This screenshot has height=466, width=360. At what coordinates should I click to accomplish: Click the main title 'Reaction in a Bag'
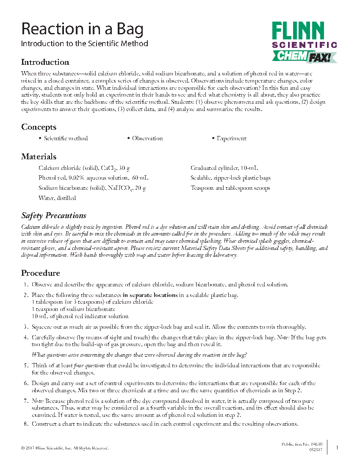coord(83,29)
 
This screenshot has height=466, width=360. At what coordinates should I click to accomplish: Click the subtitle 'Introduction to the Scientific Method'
coord(85,43)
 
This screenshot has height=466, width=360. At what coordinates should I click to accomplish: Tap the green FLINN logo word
coord(298,31)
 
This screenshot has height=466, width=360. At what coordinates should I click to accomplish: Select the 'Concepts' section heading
coord(39,127)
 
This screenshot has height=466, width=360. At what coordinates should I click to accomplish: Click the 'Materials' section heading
coord(39,157)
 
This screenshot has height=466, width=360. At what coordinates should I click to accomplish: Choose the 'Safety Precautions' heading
coord(54,216)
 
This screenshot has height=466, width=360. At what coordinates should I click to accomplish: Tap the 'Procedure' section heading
coord(41,273)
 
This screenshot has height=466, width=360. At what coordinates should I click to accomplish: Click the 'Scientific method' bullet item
coord(66,139)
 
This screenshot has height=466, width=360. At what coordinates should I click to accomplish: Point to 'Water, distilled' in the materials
coord(57,198)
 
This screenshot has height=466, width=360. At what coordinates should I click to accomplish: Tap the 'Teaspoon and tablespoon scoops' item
coord(230,188)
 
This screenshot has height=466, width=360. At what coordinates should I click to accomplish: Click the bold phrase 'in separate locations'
coord(150,295)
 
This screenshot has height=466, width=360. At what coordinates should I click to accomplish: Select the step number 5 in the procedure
coord(26,365)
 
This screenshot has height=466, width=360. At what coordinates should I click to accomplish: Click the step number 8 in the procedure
coord(26,424)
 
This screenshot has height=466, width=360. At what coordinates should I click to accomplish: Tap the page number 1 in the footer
coord(337,447)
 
